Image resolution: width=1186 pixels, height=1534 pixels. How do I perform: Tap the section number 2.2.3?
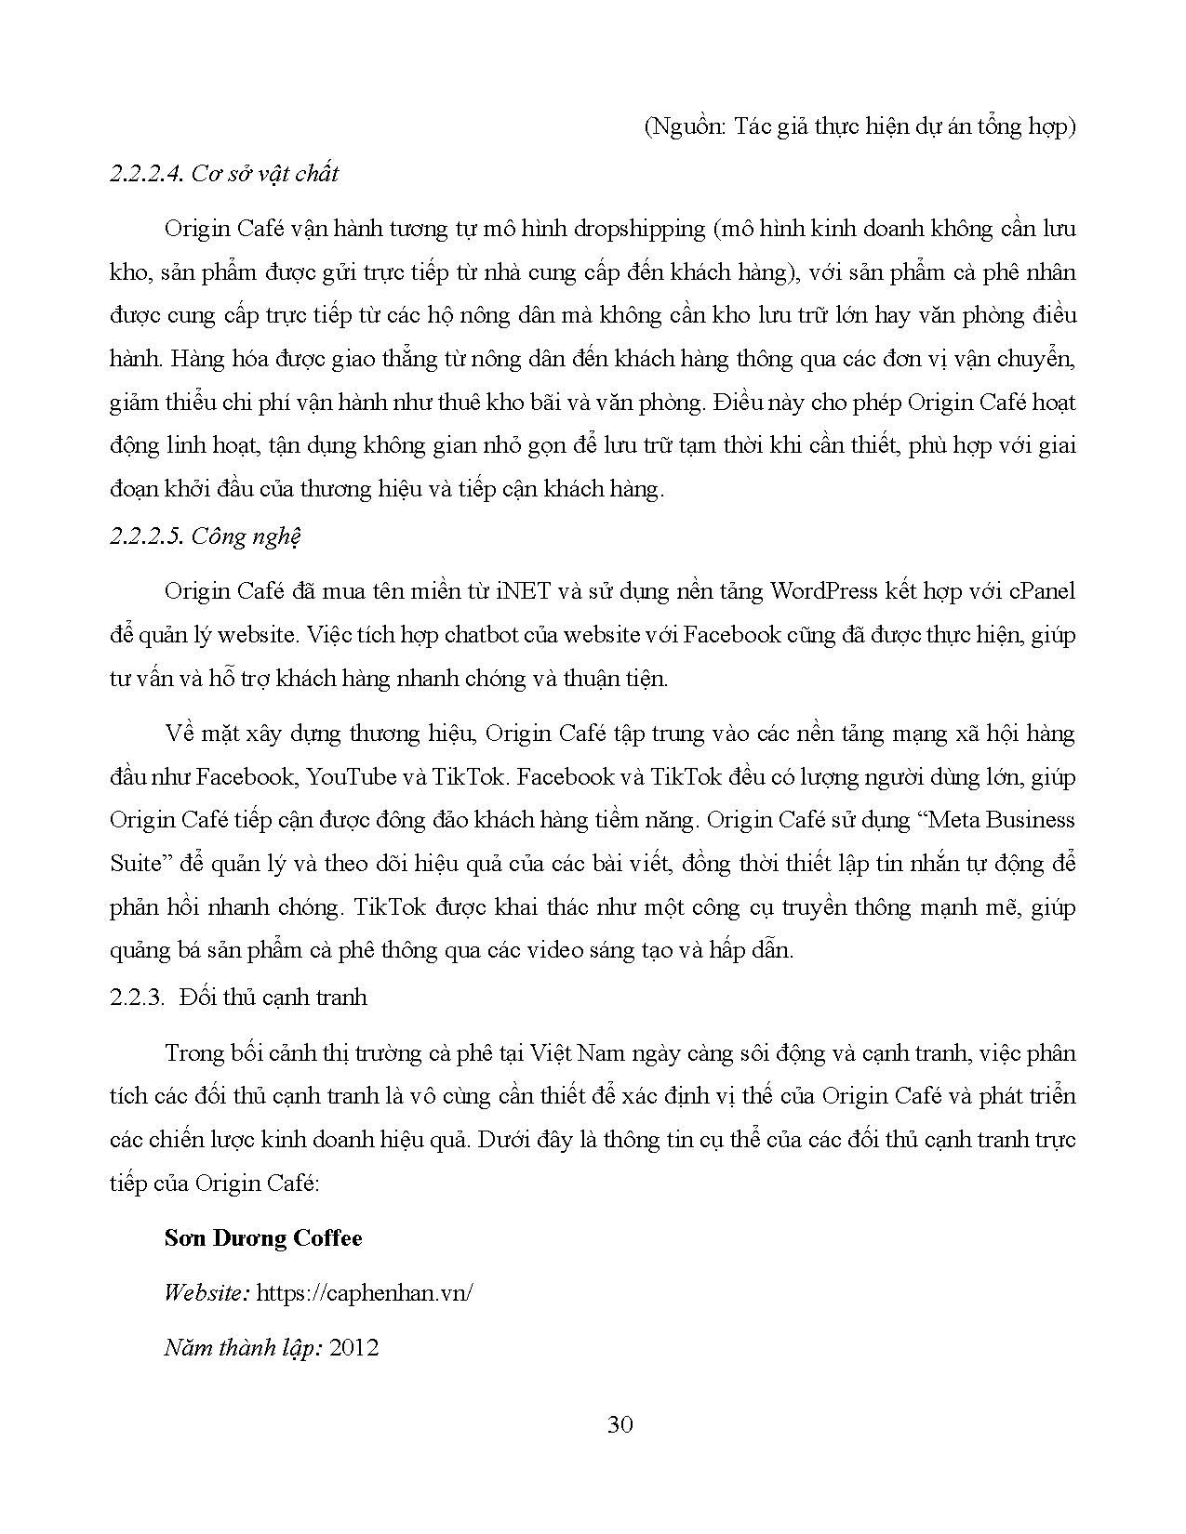pos(135,998)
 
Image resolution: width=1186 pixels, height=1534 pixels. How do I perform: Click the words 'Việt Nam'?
pos(577,1053)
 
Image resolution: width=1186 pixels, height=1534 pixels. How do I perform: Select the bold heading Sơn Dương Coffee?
pos(263,1238)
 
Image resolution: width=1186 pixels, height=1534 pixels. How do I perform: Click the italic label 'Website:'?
pos(206,1293)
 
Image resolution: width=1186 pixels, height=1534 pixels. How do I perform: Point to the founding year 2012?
pos(354,1348)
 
